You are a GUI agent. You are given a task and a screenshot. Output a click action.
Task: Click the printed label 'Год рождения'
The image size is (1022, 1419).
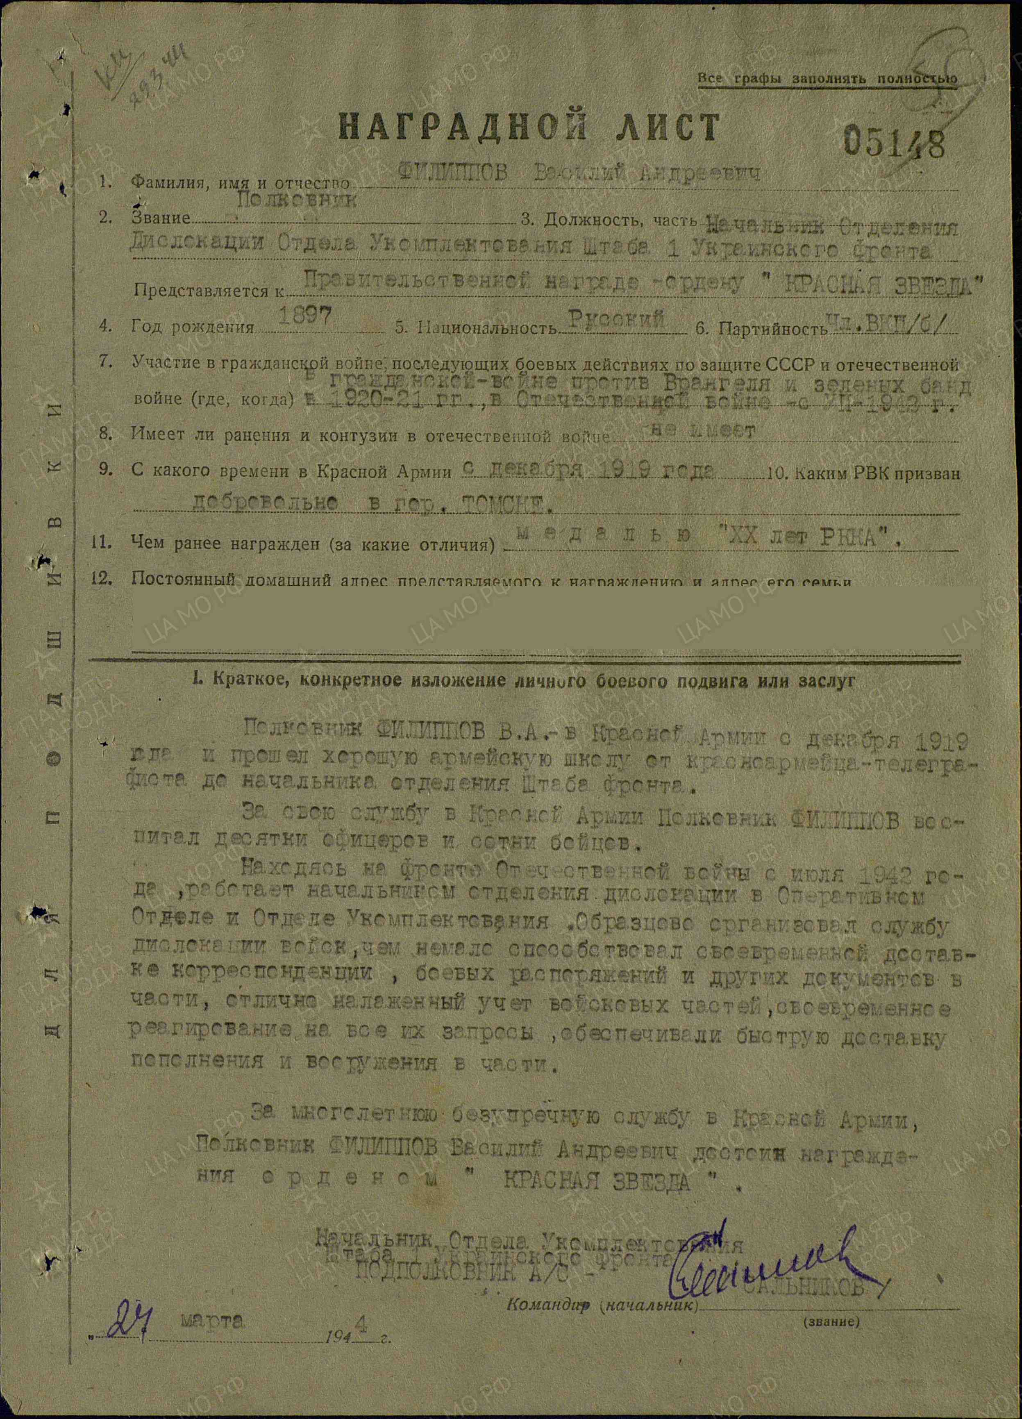(x=193, y=327)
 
